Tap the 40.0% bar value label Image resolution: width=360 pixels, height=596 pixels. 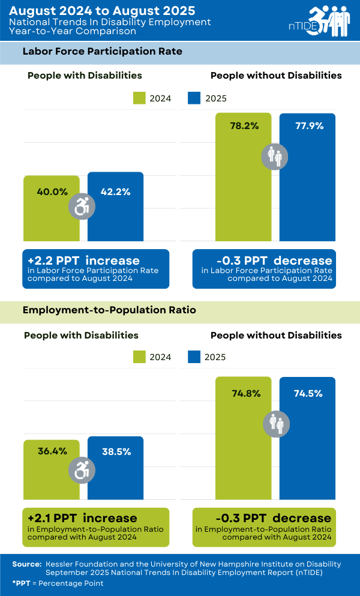click(52, 192)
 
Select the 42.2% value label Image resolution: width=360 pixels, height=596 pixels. click(115, 192)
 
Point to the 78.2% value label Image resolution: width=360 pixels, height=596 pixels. click(244, 126)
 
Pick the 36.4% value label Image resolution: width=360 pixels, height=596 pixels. click(52, 451)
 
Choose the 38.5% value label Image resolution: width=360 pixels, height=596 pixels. click(116, 451)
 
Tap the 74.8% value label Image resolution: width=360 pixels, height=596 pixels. click(245, 394)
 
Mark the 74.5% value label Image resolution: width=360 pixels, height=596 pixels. click(308, 394)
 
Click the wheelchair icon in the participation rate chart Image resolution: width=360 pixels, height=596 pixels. click(82, 207)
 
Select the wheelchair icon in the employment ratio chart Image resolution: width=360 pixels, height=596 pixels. click(82, 470)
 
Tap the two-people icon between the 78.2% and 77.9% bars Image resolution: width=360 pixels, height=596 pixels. click(276, 157)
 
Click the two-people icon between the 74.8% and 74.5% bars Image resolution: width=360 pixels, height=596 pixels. click(277, 424)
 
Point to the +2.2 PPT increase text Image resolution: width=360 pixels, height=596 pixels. click(83, 260)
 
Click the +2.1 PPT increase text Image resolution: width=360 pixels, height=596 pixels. click(82, 517)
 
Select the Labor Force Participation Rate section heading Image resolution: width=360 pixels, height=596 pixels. click(102, 52)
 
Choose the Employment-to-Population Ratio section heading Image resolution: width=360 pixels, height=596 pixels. click(109, 310)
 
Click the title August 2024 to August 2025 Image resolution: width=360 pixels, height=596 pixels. click(103, 11)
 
